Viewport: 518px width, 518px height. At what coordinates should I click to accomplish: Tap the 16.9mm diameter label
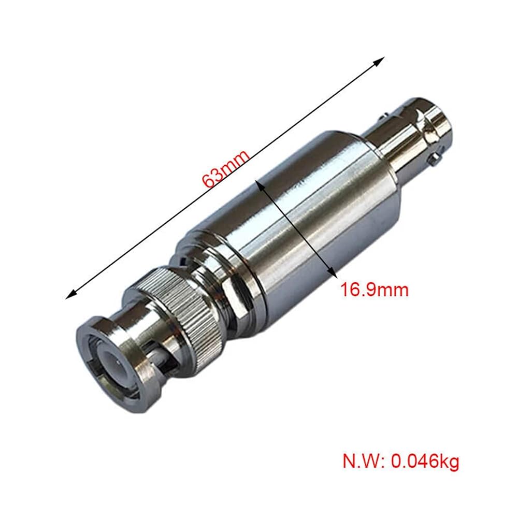[x=375, y=290]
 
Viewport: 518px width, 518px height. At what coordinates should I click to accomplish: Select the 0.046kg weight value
[x=425, y=461]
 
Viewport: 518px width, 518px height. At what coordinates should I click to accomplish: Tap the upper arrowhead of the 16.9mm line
[x=259, y=184]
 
